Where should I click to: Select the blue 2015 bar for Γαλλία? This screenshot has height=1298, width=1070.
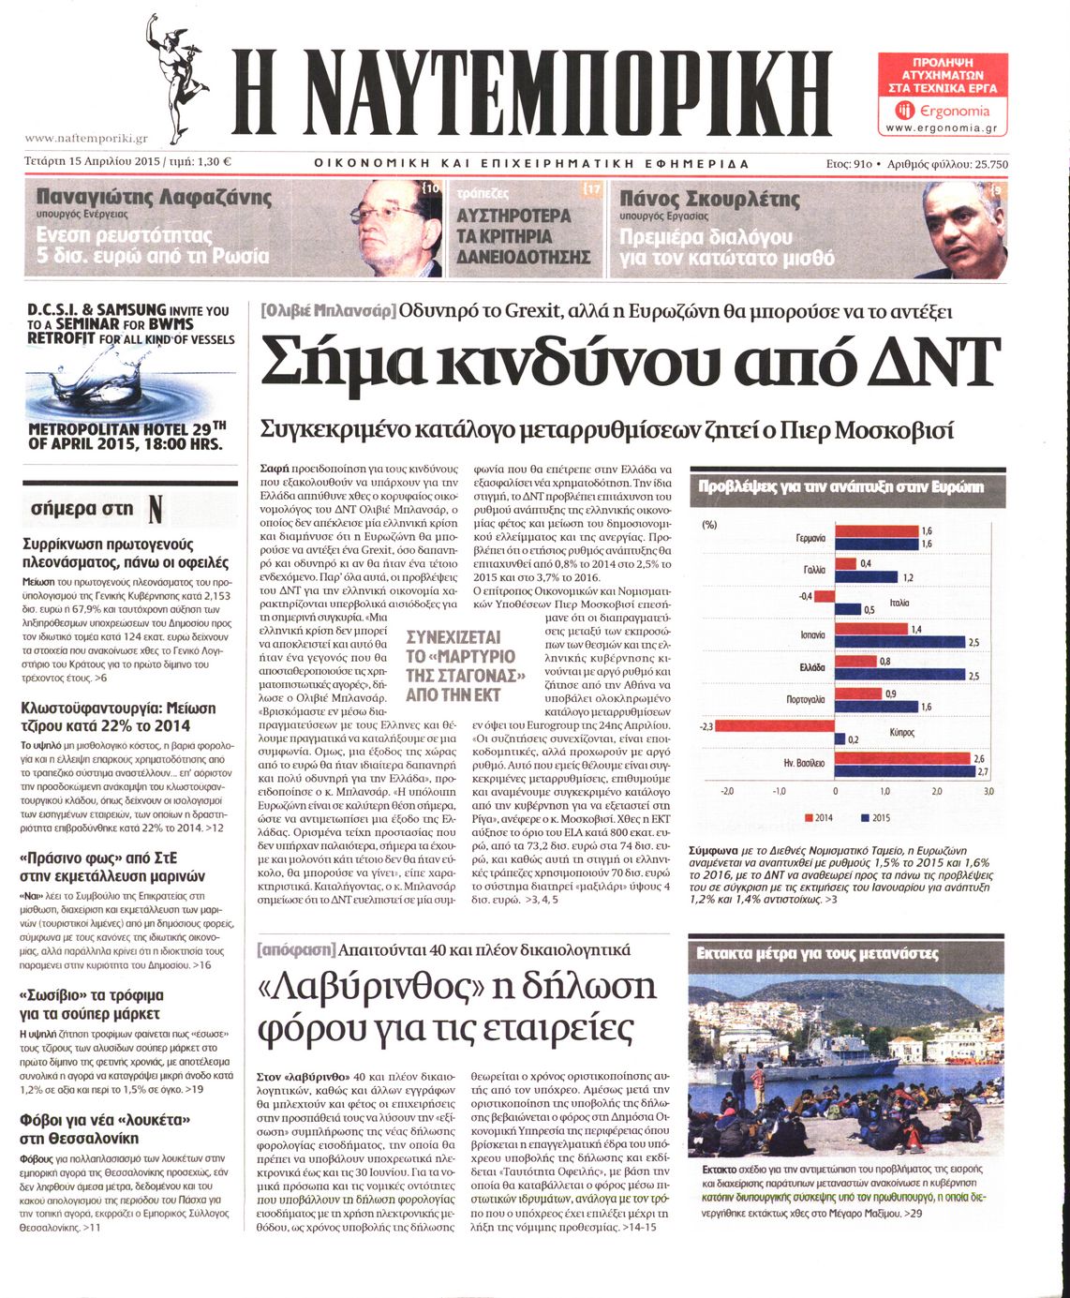point(866,576)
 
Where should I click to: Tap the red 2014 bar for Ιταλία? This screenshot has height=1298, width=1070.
point(825,596)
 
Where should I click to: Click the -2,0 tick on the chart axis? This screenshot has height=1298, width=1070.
point(726,792)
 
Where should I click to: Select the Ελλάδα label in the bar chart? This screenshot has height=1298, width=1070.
point(811,667)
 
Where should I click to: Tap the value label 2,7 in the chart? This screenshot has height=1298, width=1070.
point(982,771)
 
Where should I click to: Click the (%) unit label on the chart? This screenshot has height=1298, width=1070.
point(708,524)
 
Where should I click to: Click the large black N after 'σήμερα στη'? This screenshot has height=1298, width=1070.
point(156,509)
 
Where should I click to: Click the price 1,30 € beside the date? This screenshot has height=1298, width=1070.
point(215,162)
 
